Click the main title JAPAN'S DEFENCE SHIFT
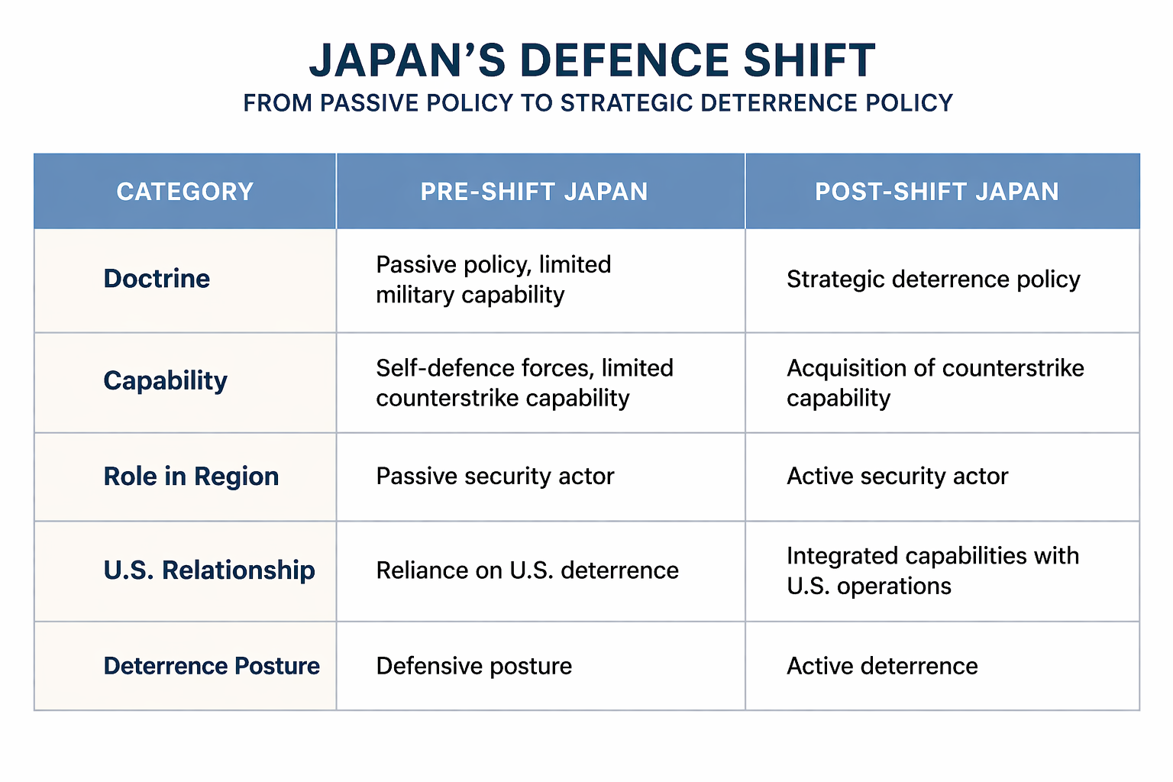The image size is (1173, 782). [x=592, y=60]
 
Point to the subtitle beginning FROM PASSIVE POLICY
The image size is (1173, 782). [x=598, y=103]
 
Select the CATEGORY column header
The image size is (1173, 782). [x=185, y=191]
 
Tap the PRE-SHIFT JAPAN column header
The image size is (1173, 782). [x=534, y=191]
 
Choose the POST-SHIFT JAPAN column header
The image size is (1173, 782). [x=936, y=191]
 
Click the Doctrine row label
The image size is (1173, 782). [x=157, y=279]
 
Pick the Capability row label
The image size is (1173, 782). [x=165, y=380]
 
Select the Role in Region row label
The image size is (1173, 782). [x=191, y=477]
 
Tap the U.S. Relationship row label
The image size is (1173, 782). [x=209, y=570]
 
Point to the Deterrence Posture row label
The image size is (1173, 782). [x=212, y=666]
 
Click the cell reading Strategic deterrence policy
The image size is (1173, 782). [x=933, y=280]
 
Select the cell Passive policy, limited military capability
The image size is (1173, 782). [x=493, y=280]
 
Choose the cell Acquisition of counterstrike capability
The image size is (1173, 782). [x=935, y=383]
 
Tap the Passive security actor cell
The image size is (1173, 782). [x=495, y=477]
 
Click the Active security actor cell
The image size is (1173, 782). [x=897, y=477]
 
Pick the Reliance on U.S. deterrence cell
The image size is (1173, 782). [x=527, y=570]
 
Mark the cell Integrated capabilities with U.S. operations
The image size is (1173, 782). [x=932, y=570]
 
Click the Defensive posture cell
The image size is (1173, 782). [x=473, y=666]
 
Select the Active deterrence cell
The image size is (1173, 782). [x=882, y=666]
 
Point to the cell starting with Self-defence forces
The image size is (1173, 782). [x=524, y=383]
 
